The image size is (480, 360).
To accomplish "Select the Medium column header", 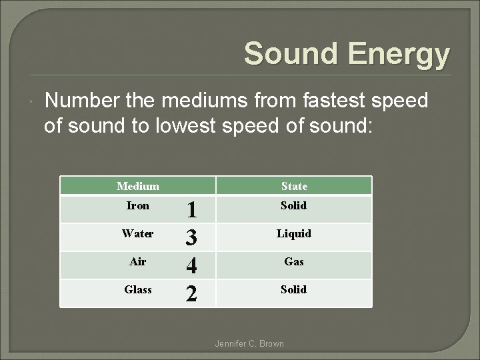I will point(138,186).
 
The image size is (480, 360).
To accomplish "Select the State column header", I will point(294,186).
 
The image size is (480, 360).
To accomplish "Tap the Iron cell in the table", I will point(138,205).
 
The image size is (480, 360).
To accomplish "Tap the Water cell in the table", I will point(138,233).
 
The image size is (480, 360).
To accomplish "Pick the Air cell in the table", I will point(138,261).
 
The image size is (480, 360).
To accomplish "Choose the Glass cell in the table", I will point(138,289).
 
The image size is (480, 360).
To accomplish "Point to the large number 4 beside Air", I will point(191,266).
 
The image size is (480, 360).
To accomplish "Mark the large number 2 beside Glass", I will point(191,293).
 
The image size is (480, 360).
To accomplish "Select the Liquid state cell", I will point(294,233).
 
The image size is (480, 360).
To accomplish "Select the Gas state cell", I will point(294,261).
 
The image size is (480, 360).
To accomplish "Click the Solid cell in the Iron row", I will point(294,205).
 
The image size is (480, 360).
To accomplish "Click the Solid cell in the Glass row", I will point(294,289).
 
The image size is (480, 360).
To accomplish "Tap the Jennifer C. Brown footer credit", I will point(249,343).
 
